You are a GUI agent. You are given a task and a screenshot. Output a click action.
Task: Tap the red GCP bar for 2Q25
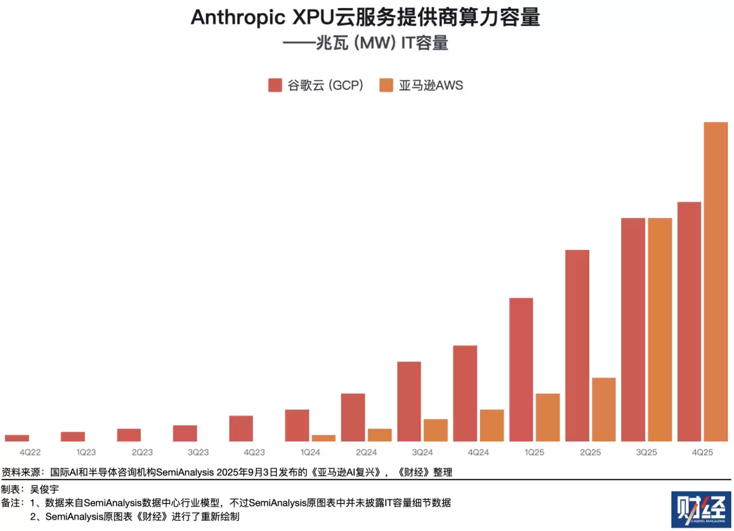tap(577, 346)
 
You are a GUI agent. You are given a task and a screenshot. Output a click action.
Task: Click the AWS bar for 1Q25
tap(548, 417)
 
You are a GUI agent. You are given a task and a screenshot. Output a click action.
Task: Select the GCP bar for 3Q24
tap(409, 401)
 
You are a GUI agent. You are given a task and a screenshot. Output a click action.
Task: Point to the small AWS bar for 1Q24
tap(324, 438)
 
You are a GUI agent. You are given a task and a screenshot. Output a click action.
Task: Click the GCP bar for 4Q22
tap(17, 438)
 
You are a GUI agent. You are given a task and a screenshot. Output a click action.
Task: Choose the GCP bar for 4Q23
tap(241, 428)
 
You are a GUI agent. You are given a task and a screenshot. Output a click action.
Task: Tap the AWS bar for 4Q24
tap(492, 425)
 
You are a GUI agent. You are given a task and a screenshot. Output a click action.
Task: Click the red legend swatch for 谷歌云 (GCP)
tap(275, 85)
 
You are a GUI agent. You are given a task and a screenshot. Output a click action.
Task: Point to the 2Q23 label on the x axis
tap(142, 452)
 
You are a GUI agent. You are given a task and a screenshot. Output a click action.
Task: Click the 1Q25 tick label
tap(534, 452)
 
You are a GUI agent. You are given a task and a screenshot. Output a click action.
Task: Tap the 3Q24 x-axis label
tap(422, 452)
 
